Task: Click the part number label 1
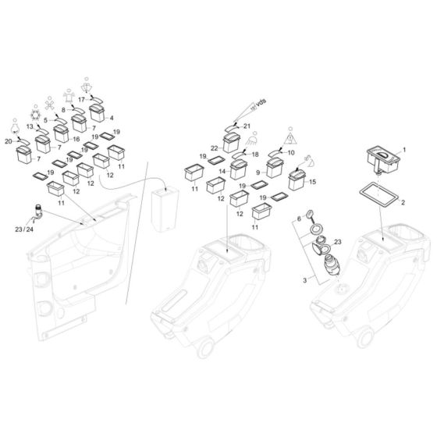(403, 148)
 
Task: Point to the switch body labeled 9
(275, 166)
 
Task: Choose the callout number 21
(247, 126)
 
